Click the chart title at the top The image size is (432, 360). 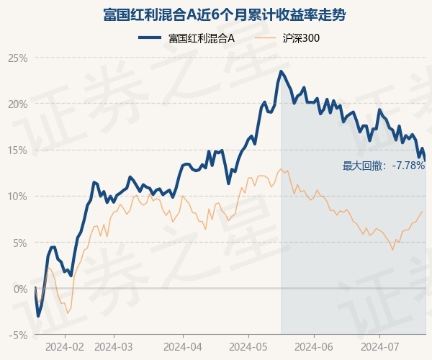(224, 15)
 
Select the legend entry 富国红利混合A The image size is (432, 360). (202, 38)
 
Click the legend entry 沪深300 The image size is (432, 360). (301, 38)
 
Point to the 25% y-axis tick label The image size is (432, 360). (18, 58)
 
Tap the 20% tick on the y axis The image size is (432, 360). (18, 104)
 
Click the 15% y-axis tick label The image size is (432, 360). (18, 150)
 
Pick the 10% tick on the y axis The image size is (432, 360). (18, 197)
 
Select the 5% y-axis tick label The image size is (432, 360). (20, 243)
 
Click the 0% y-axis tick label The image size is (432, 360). (20, 289)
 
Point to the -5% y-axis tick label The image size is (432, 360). (19, 336)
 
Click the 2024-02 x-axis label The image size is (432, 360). (65, 347)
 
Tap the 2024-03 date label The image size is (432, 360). (114, 347)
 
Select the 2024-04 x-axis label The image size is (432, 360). (183, 347)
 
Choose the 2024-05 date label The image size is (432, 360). (248, 347)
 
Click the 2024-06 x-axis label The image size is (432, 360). (314, 347)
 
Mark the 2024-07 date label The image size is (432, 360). (379, 347)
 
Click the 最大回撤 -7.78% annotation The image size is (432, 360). (384, 166)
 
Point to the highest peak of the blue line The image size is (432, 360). (282, 71)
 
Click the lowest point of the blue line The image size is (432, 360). (37, 316)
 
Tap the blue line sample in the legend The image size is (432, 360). (150, 38)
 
